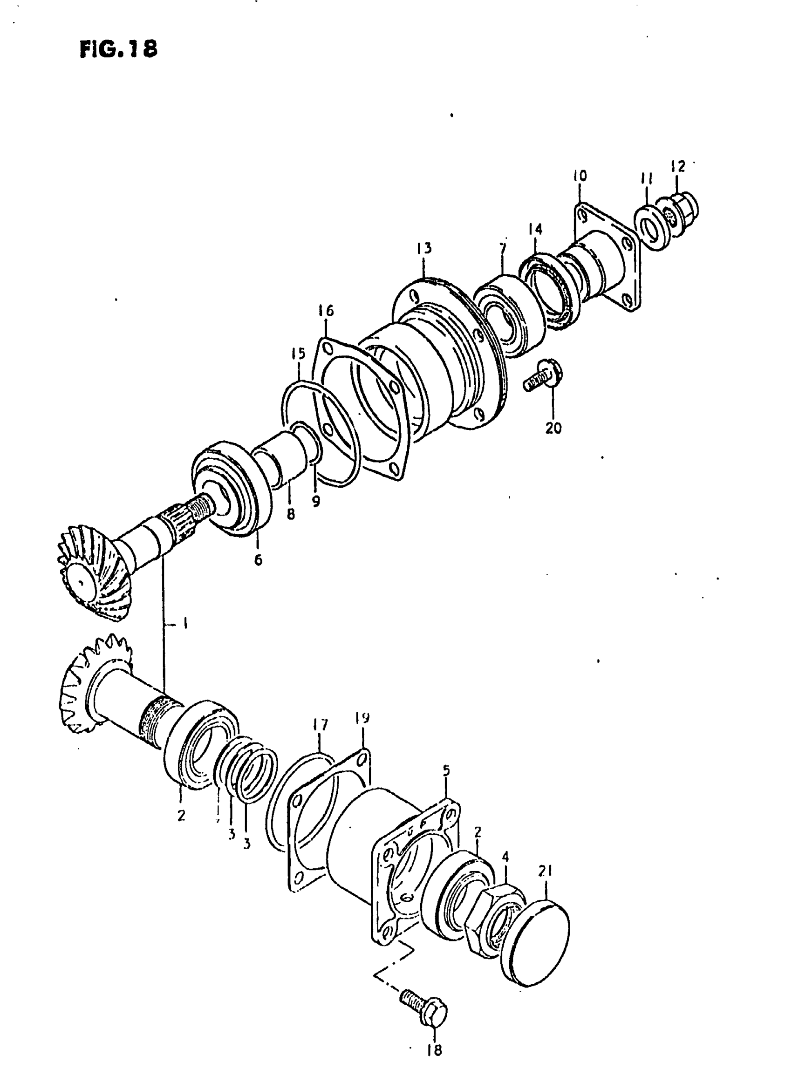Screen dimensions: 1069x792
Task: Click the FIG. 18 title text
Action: tap(118, 48)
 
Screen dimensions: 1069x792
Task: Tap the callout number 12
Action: tap(677, 166)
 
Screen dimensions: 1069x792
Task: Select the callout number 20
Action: tap(553, 428)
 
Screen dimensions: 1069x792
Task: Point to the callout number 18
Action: tap(434, 1050)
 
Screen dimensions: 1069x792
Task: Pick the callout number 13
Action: tap(424, 248)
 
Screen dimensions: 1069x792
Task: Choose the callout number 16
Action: tap(326, 311)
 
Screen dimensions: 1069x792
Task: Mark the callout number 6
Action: tap(259, 559)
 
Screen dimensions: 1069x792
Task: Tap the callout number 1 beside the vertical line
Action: tap(185, 623)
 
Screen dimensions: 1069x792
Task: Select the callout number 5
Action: tap(446, 770)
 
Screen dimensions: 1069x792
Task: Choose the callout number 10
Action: tap(579, 176)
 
